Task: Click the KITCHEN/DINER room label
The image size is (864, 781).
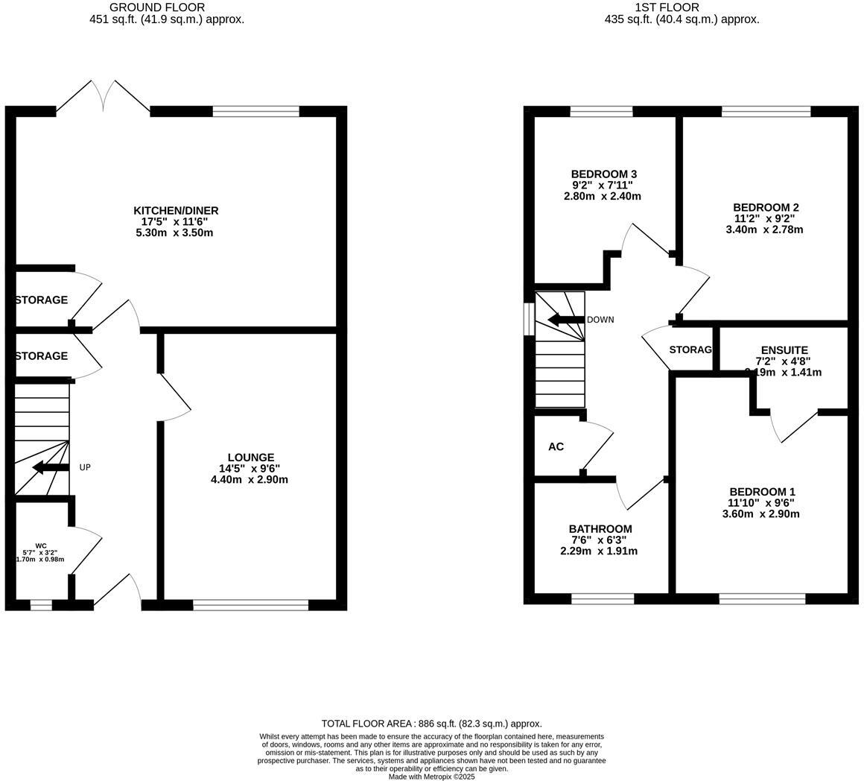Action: pyautogui.click(x=176, y=211)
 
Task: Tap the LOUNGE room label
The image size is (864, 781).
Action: pyautogui.click(x=250, y=458)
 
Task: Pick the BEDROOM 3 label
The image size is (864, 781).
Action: pyautogui.click(x=603, y=174)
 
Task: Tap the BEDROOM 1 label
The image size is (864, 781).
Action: pyautogui.click(x=762, y=492)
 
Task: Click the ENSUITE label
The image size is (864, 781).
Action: pyautogui.click(x=784, y=350)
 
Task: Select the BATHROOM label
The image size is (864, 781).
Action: pyautogui.click(x=600, y=529)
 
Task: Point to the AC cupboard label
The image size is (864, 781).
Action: pyautogui.click(x=556, y=446)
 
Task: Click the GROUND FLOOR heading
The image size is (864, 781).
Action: pyautogui.click(x=157, y=7)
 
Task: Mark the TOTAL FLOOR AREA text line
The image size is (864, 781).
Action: pyautogui.click(x=431, y=724)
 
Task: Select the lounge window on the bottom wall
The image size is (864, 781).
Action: pyautogui.click(x=250, y=605)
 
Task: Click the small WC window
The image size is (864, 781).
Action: pyautogui.click(x=41, y=605)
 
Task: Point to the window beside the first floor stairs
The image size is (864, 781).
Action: pyautogui.click(x=529, y=319)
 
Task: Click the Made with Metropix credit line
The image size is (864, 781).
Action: pyautogui.click(x=431, y=777)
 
